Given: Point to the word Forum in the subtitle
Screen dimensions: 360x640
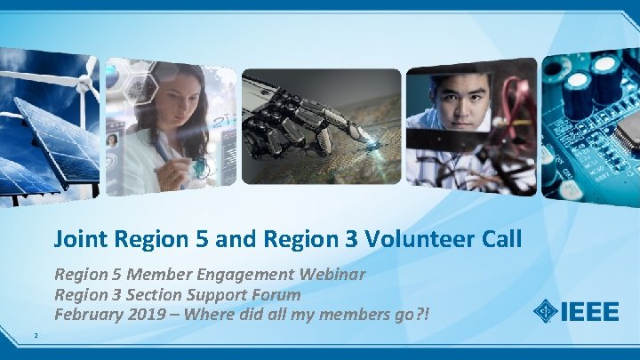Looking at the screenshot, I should [x=276, y=293].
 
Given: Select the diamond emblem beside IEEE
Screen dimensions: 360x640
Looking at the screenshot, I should [x=545, y=312].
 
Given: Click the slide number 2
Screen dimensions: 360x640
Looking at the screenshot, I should [x=34, y=336].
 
